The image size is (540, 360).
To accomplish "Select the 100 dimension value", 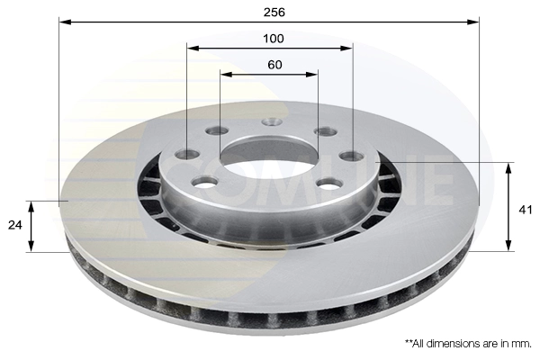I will (x=274, y=38).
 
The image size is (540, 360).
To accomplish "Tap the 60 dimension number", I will (x=274, y=65).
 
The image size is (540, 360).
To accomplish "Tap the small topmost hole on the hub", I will (x=272, y=121).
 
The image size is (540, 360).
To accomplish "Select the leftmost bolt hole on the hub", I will (x=187, y=155).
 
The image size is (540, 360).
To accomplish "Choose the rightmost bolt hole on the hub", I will (x=352, y=156).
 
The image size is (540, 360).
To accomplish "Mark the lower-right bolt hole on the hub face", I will (x=329, y=184).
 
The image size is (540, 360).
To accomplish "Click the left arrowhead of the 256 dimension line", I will (x=63, y=20).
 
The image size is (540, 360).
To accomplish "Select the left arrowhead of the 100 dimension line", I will (x=192, y=47).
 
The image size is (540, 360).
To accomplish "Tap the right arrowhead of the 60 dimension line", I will (x=314, y=74).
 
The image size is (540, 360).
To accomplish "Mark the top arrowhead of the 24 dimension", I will (x=31, y=205).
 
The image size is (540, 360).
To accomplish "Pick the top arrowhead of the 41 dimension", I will (x=509, y=166).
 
